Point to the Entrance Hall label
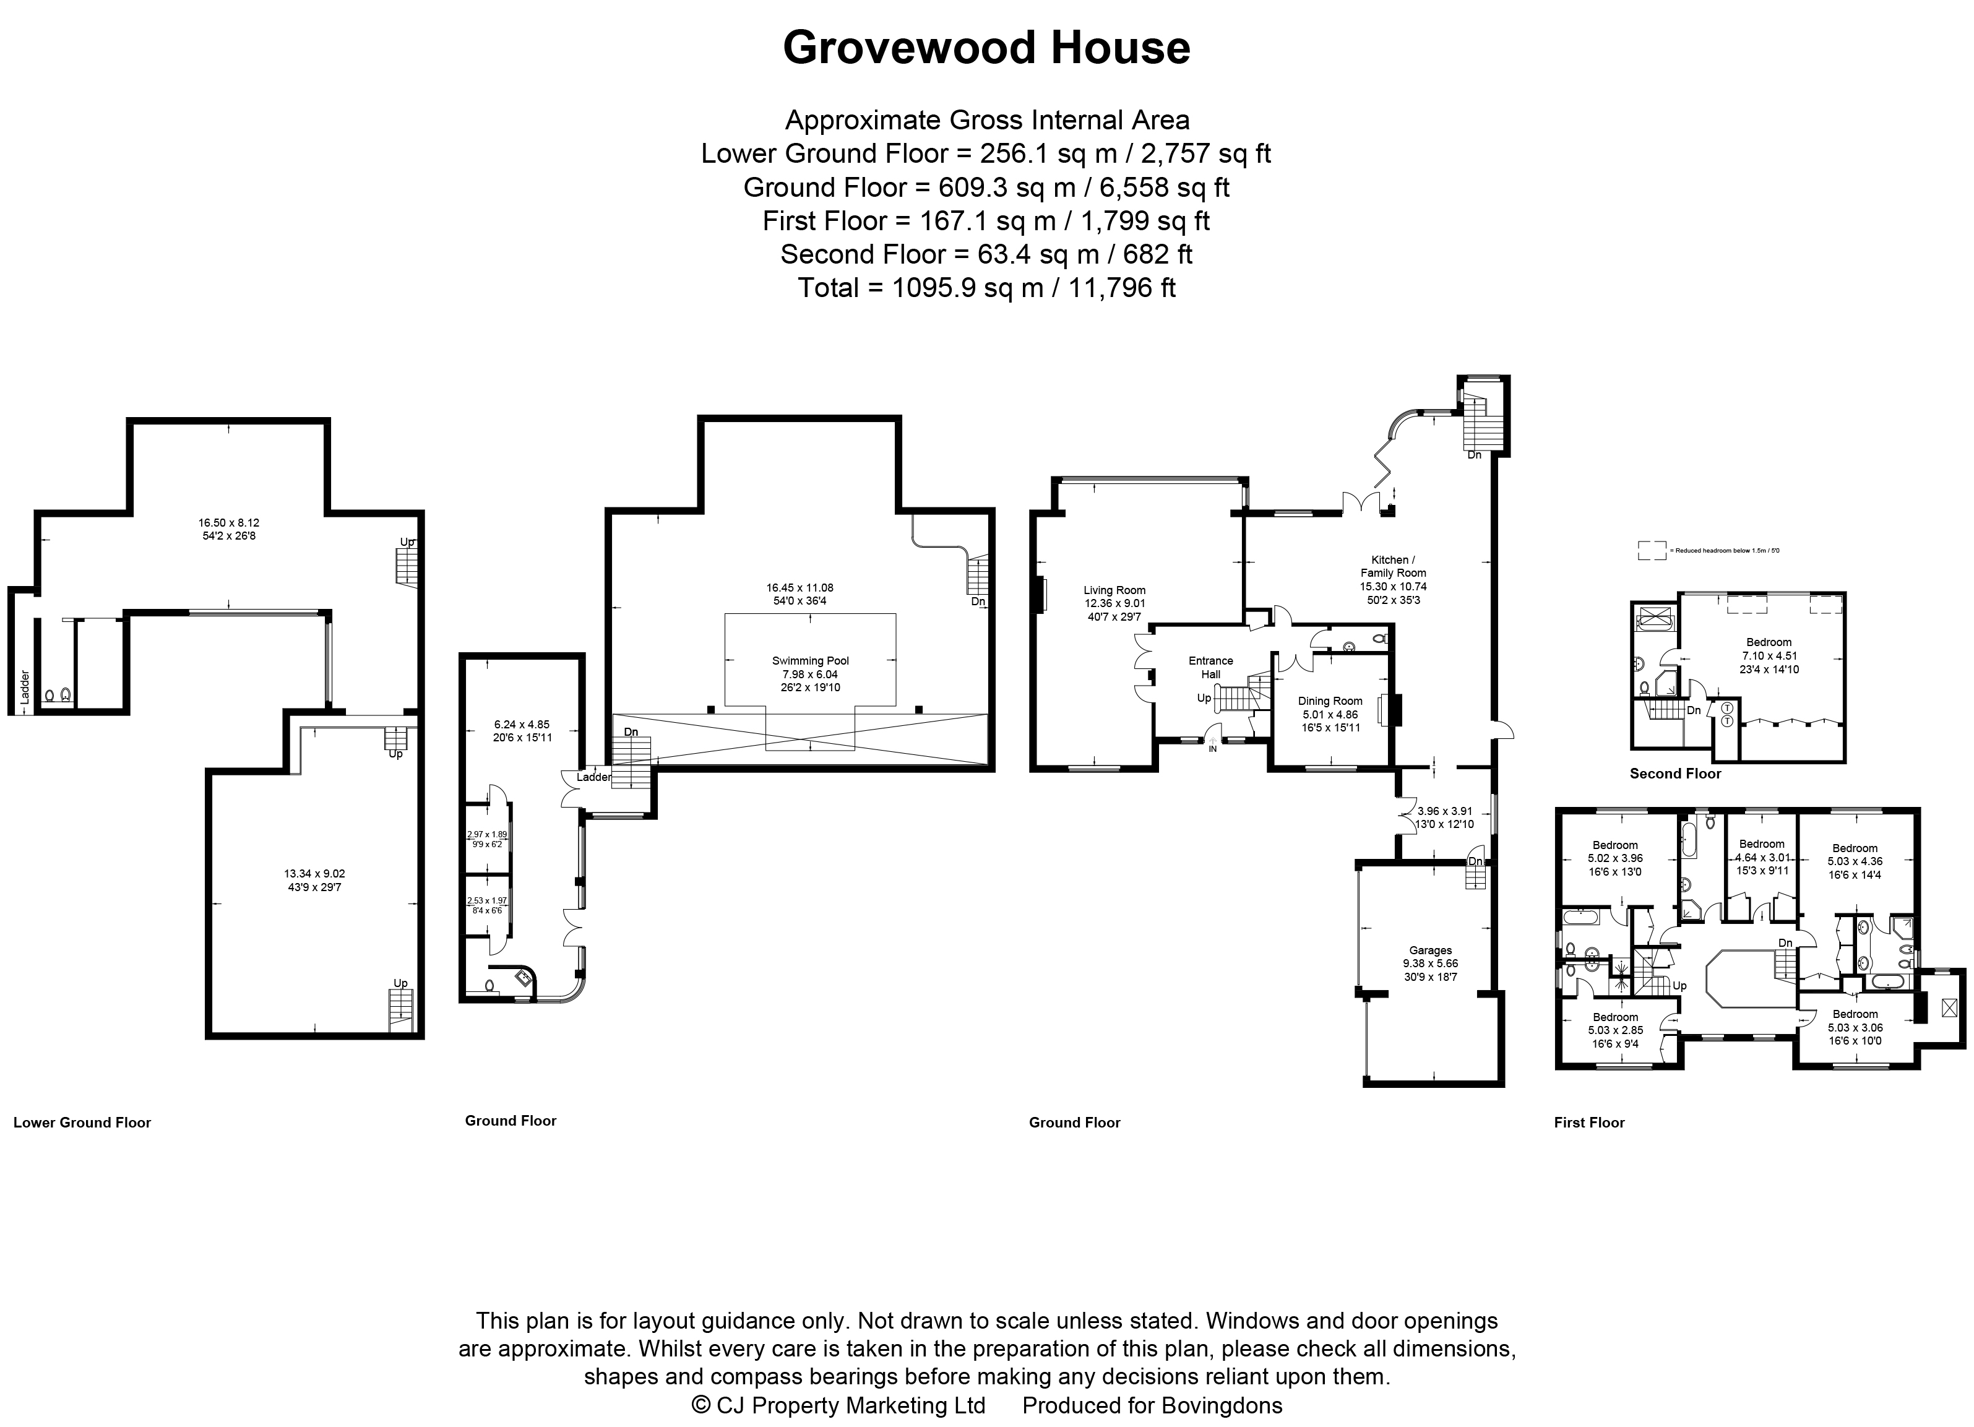pos(1210,667)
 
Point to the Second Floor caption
pos(1674,774)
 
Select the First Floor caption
pos(1588,1123)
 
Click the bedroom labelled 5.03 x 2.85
pos(1616,1030)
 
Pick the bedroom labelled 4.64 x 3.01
pos(1761,857)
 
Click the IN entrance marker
pos(1212,748)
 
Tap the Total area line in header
pos(986,288)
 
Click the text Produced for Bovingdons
pos(1152,1405)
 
